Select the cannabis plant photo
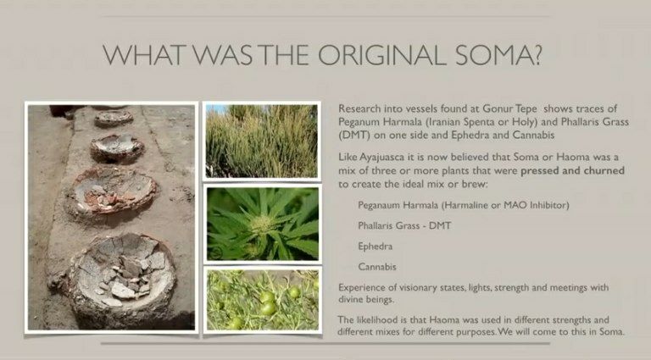coord(263,224)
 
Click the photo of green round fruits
coord(263,300)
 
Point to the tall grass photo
coord(262,141)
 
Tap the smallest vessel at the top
coord(114,119)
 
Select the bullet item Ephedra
coord(375,246)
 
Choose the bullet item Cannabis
coord(377,267)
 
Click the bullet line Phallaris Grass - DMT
coord(404,225)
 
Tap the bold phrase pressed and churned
coord(572,170)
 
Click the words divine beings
coord(365,300)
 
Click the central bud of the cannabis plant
coord(261,224)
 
